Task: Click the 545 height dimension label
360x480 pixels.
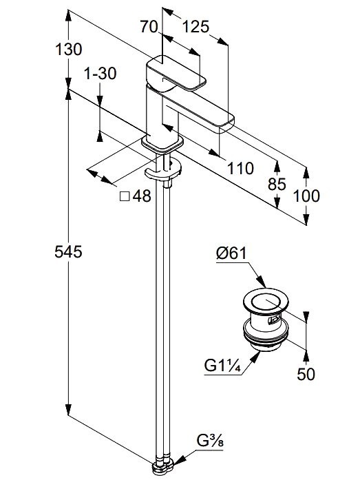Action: coord(69,251)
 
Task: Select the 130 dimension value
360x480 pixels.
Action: coord(69,49)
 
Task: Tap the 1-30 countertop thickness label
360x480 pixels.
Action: coord(100,74)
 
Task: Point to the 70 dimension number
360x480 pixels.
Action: coord(149,27)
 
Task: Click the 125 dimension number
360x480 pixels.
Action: coord(196,27)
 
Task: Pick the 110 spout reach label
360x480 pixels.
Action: coord(240,168)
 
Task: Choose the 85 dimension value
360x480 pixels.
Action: coord(277,185)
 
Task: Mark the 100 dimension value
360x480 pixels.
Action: coord(306,196)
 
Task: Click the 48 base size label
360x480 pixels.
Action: coord(142,196)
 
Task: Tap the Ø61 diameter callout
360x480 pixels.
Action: coord(231,253)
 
